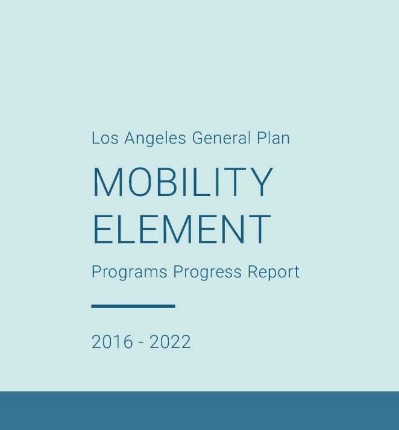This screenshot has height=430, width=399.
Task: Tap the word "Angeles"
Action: coord(156,139)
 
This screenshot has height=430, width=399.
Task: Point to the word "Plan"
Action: coord(273,138)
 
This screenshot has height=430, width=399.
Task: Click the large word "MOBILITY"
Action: coord(183,182)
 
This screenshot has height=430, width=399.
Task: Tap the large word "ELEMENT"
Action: coord(181,229)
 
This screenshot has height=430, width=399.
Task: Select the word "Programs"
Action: coord(130,272)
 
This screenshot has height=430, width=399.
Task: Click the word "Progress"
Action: coord(208,272)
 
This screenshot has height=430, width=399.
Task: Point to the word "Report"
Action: coord(274,272)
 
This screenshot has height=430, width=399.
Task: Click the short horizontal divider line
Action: coord(133,306)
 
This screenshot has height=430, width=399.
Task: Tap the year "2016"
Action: coord(112,342)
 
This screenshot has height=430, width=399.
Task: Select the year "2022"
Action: coord(170,342)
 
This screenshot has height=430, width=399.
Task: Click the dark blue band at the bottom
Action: coord(199,411)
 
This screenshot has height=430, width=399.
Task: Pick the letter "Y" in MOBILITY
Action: coord(262,182)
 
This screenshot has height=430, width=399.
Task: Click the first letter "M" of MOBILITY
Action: coord(107,182)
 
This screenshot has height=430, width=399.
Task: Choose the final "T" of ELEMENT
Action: coord(260,229)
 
